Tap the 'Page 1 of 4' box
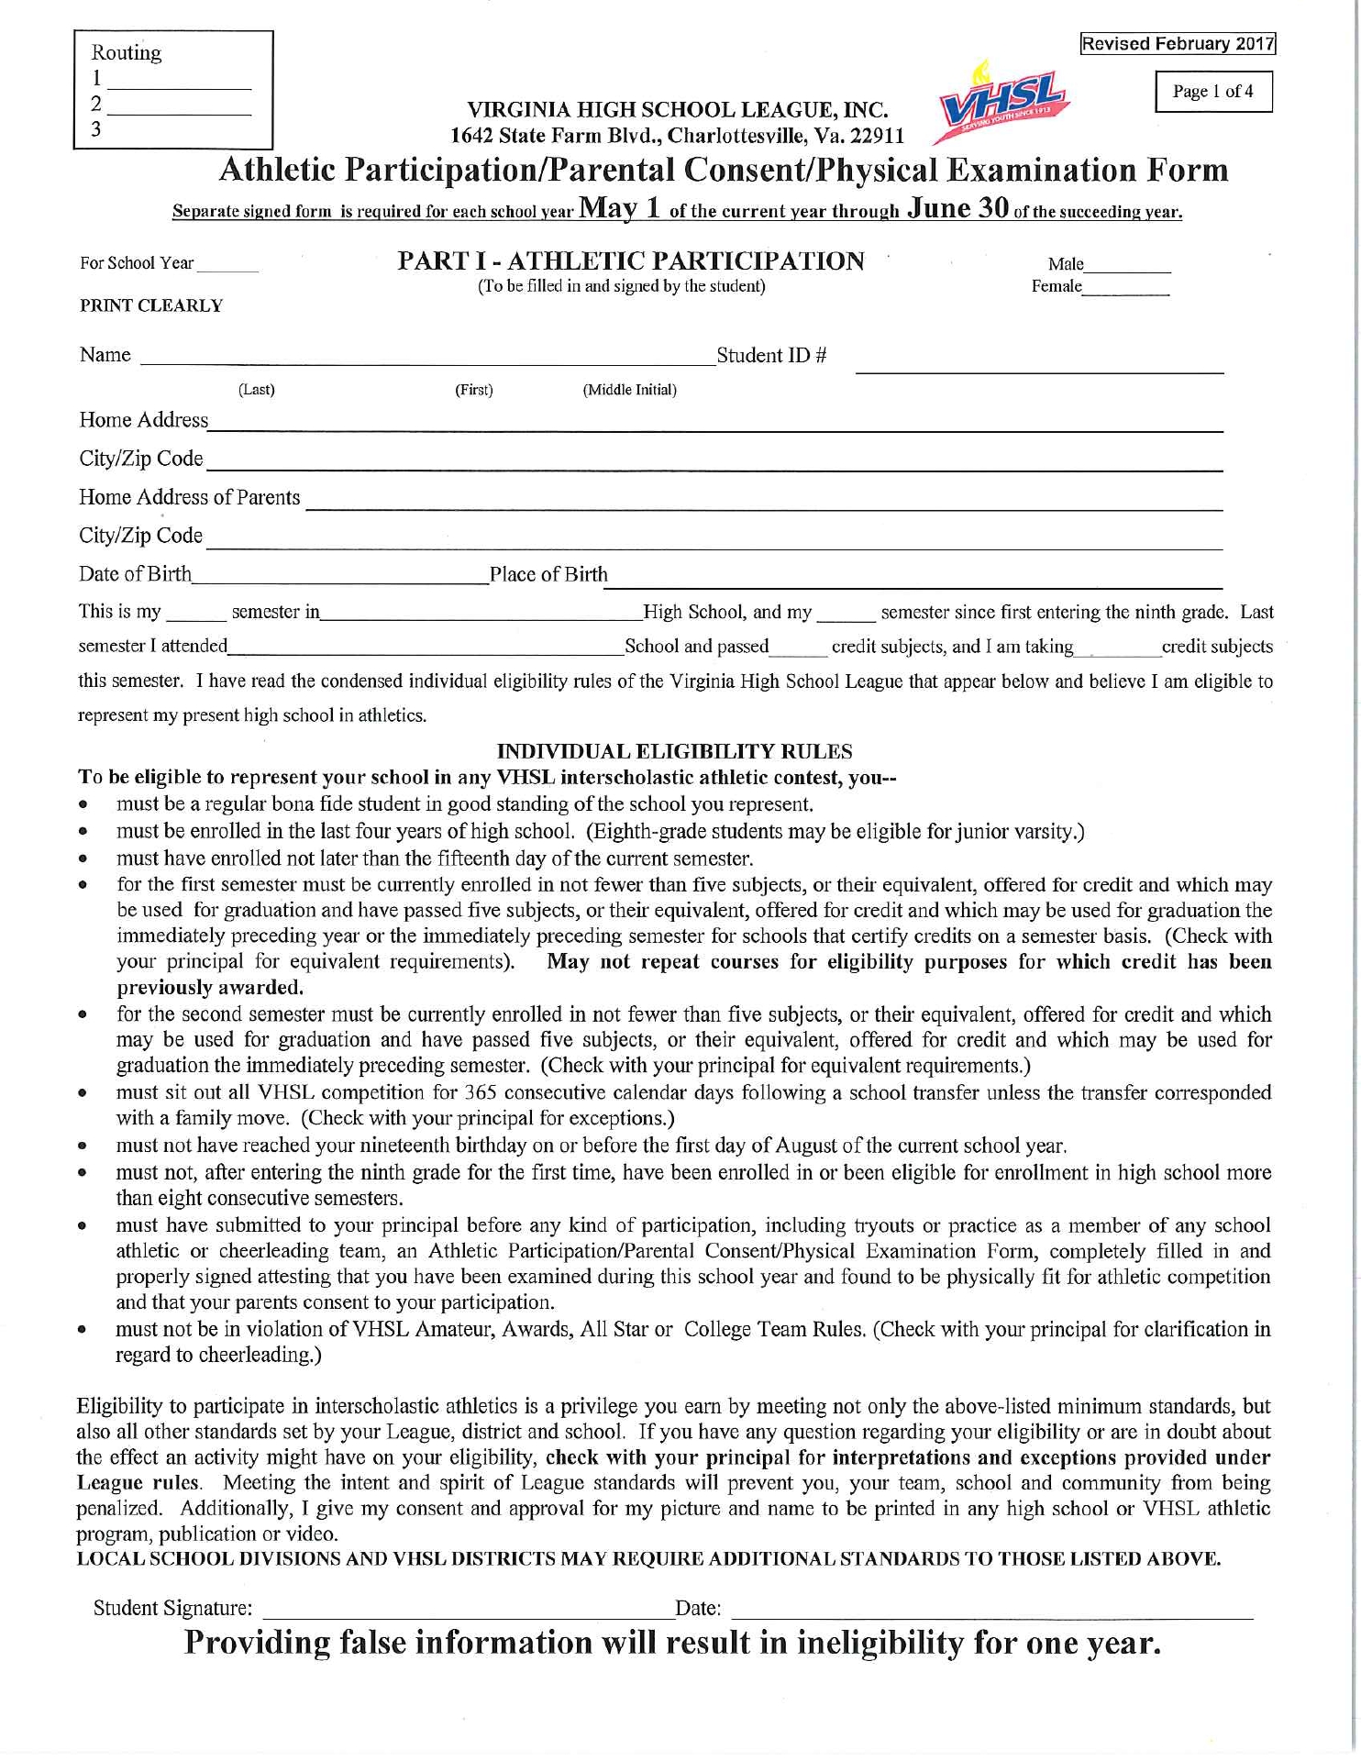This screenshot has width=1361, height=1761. [x=1212, y=92]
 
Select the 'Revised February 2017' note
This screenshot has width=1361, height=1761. [x=1178, y=44]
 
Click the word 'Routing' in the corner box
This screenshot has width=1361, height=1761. [x=127, y=52]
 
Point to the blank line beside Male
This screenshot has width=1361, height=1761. [x=1127, y=270]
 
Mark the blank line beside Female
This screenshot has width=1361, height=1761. [x=1125, y=292]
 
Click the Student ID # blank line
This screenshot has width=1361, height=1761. [x=1039, y=369]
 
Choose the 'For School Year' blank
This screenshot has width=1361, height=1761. [x=227, y=269]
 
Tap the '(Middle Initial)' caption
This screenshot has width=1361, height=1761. [x=629, y=390]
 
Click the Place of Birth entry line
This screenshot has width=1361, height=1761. [x=914, y=582]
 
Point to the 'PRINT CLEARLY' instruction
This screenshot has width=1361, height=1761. [x=151, y=305]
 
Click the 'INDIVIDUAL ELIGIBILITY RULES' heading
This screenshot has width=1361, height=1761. [x=674, y=751]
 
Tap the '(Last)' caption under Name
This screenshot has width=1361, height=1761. [x=256, y=390]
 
